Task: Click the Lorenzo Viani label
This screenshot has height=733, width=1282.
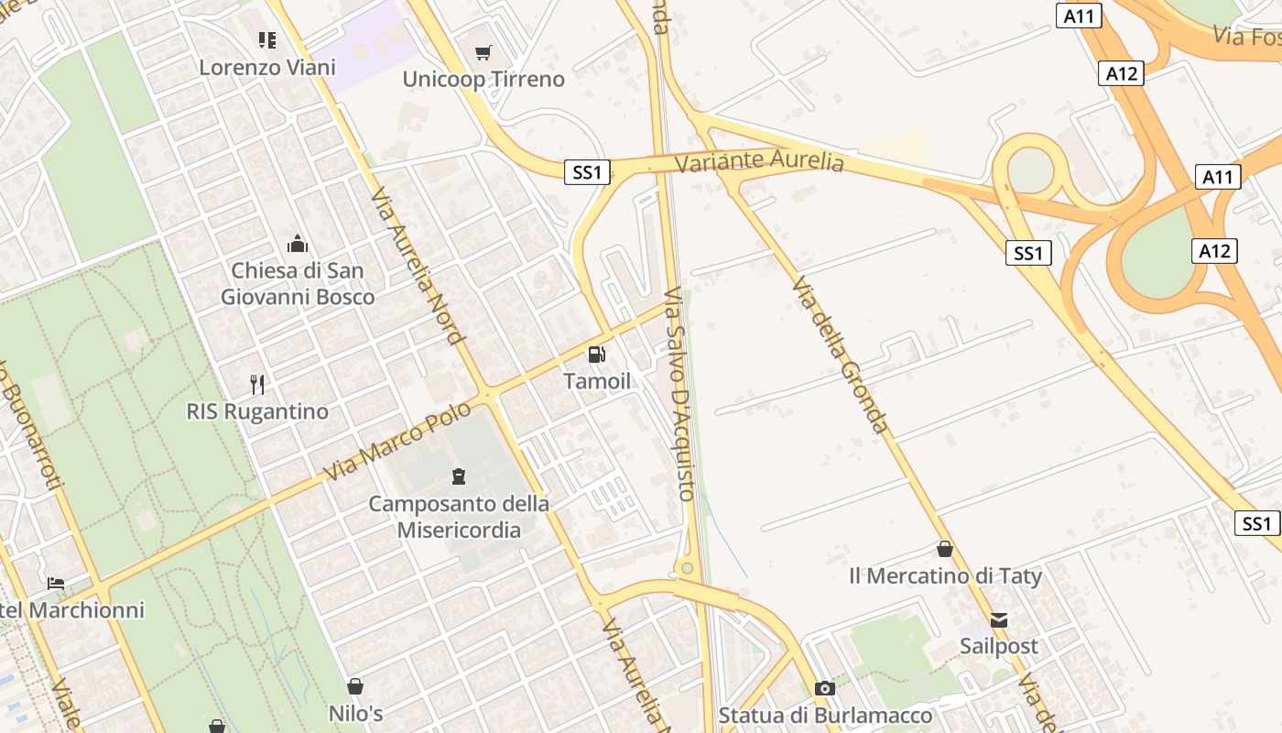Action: click(267, 67)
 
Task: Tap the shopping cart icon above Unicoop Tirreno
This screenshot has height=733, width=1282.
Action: click(483, 52)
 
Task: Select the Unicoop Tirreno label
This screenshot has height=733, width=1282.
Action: click(483, 79)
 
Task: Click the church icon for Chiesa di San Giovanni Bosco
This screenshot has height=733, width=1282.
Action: click(298, 244)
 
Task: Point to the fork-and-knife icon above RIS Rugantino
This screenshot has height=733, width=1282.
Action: click(257, 385)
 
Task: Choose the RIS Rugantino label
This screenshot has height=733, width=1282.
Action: click(257, 411)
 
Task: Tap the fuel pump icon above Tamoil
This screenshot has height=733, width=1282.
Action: click(597, 355)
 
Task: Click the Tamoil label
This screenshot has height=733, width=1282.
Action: click(597, 381)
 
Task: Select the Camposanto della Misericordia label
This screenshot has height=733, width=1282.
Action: click(459, 517)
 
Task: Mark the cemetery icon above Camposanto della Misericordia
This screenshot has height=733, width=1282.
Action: click(459, 476)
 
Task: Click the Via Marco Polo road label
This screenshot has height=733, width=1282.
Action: click(397, 441)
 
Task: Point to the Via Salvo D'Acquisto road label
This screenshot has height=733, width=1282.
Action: click(679, 394)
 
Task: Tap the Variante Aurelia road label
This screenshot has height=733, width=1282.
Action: click(759, 161)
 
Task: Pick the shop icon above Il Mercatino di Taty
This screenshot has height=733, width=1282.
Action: click(945, 549)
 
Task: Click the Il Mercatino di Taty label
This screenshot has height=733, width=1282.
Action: click(945, 576)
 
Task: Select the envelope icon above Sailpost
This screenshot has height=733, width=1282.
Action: click(999, 620)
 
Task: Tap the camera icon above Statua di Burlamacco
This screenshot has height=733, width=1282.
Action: click(825, 689)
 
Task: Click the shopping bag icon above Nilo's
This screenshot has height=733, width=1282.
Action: click(355, 686)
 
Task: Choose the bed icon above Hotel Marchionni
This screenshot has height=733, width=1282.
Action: click(56, 584)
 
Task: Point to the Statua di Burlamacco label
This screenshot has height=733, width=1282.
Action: click(825, 716)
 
